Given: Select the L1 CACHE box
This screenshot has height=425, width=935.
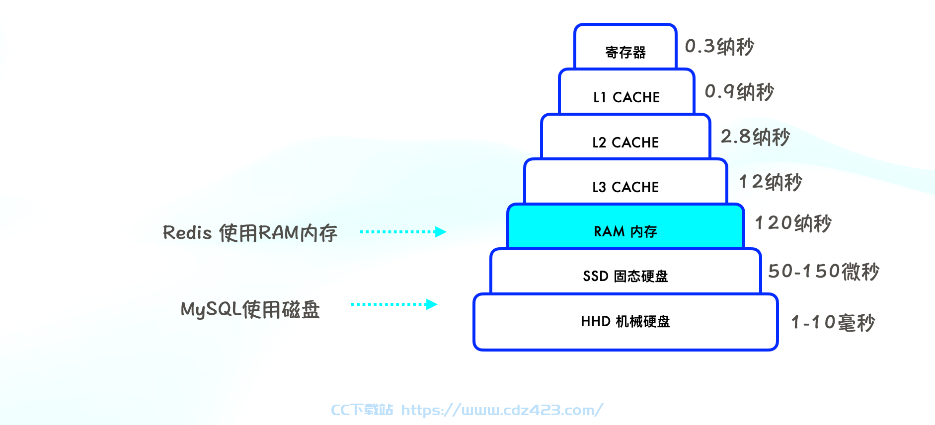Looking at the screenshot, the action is pos(626,91).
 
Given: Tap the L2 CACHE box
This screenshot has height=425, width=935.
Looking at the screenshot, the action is pos(626,137).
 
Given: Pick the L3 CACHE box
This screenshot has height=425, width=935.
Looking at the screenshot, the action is pos(626,181).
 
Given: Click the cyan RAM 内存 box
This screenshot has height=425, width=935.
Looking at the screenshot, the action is pos(626,226).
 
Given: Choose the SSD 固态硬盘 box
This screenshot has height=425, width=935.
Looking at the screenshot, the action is pos(626,272).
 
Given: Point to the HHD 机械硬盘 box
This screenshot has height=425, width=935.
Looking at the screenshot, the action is pos(626,322).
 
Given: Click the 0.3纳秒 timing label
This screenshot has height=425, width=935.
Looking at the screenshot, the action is pos(719,47).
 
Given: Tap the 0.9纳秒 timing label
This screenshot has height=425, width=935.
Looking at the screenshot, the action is pos(739,92).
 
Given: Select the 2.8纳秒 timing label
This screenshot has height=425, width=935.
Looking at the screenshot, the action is pos(755,137).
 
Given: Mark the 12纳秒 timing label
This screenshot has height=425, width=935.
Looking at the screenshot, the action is pos(771,182).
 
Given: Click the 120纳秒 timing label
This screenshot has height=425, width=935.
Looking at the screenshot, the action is pos(793,223).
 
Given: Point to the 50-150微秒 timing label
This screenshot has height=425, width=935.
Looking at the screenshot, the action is pos(824,272).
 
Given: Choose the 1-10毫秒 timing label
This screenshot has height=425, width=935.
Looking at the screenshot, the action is pos(833,323).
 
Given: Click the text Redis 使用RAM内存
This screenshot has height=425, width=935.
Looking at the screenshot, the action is pos(250,233).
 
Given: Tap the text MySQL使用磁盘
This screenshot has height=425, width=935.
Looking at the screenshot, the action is pos(250,309).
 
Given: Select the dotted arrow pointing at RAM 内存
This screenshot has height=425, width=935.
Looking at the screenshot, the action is pos(403,232).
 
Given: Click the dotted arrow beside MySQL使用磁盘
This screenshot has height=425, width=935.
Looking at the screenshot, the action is pos(394,304).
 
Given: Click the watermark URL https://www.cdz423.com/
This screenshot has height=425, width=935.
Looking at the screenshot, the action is pos(502,410).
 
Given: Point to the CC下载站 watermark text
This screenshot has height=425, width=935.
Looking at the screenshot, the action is pos(362,410).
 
